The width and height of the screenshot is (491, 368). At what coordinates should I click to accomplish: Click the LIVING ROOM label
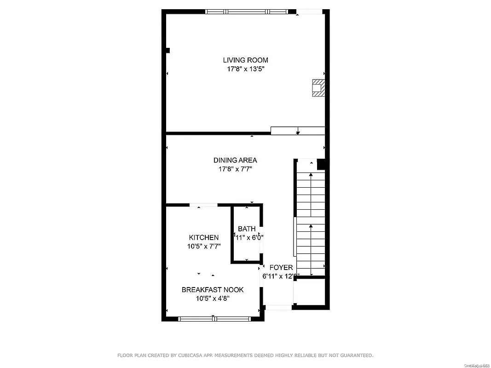[x=245, y=60]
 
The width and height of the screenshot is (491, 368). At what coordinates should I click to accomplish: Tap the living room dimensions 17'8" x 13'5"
[x=245, y=69]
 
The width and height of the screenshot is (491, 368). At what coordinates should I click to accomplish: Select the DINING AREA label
[x=235, y=160]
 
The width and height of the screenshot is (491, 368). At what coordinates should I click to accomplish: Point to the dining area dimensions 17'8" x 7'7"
[x=235, y=169]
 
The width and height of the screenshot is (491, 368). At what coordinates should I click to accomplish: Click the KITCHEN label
[x=203, y=237]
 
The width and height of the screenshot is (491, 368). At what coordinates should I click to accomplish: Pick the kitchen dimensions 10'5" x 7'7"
[x=203, y=246]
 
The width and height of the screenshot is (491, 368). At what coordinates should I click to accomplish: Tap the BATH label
[x=247, y=229]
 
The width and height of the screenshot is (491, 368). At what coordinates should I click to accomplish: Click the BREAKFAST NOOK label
[x=212, y=289]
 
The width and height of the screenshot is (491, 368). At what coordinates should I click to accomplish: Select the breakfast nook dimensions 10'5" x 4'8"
[x=212, y=298]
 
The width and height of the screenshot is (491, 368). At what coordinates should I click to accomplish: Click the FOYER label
[x=281, y=268]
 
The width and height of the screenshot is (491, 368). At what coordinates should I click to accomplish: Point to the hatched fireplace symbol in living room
[x=318, y=88]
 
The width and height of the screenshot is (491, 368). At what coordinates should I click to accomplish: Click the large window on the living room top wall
[x=245, y=11]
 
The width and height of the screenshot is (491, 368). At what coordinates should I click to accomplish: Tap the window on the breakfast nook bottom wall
[x=214, y=318]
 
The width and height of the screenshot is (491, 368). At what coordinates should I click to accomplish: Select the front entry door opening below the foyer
[x=278, y=307]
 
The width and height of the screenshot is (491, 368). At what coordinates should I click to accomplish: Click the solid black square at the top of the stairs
[x=322, y=164]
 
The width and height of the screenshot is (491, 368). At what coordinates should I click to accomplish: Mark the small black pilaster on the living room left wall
[x=168, y=50]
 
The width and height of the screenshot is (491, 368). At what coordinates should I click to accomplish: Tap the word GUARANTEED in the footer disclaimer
[x=354, y=355]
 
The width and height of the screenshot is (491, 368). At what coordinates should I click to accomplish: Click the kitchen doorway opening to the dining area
[x=203, y=205]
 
